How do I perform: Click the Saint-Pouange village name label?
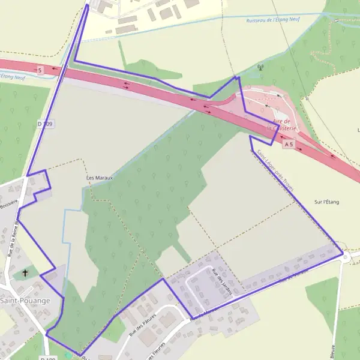click(25, 300)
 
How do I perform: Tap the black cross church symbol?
click(25, 274)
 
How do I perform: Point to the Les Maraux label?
click(100, 178)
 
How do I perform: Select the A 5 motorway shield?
click(289, 144)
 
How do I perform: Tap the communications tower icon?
click(260, 67)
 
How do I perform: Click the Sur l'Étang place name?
click(326, 202)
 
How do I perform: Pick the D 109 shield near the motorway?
click(45, 124)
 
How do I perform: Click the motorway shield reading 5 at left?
click(40, 71)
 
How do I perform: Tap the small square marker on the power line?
click(307, 99)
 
